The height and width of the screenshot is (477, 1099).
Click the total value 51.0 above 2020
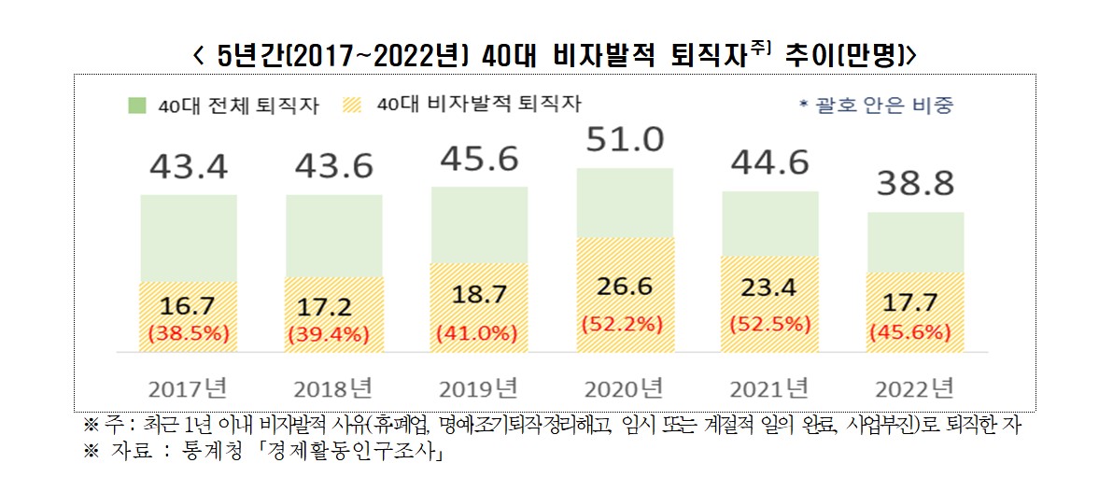pyautogui.click(x=625, y=141)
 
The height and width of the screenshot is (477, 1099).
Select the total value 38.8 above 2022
pyautogui.click(x=915, y=185)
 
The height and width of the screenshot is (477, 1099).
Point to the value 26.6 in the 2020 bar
pyautogui.click(x=625, y=287)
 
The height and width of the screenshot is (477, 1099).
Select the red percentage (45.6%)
pyautogui.click(x=915, y=331)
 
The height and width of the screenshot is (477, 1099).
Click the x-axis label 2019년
pyautogui.click(x=479, y=386)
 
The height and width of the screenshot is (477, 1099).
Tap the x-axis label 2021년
pyautogui.click(x=770, y=386)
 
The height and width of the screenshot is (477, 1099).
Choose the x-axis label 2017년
pyautogui.click(x=189, y=386)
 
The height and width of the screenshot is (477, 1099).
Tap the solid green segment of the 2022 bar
pyautogui.click(x=915, y=242)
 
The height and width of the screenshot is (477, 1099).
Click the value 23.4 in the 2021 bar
pyautogui.click(x=770, y=289)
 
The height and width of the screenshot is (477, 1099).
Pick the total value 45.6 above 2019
pyautogui.click(x=479, y=161)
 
